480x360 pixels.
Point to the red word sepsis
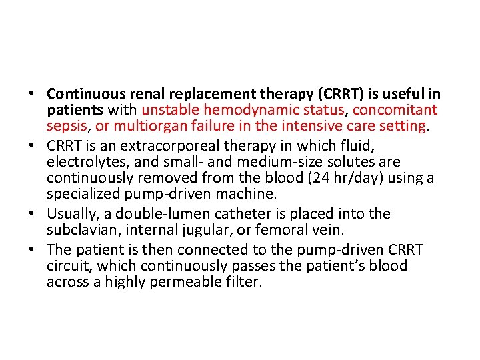65,126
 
